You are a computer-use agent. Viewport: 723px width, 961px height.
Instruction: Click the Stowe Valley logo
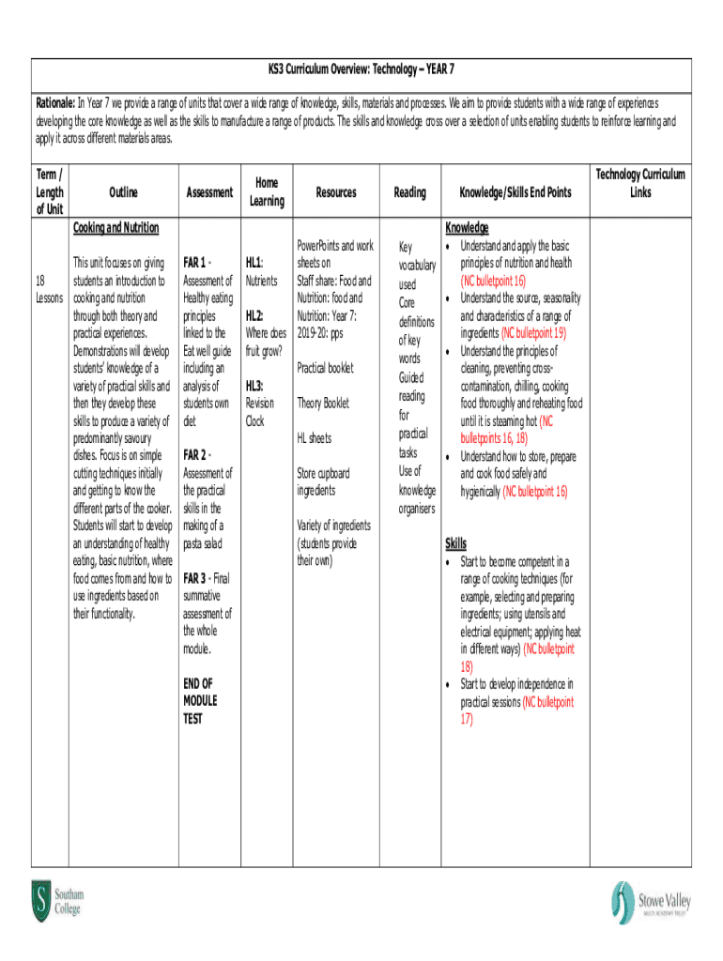click(650, 902)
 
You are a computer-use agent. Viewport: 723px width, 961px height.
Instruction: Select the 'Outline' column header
click(123, 192)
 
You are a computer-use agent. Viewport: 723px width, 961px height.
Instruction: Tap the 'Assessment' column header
click(209, 192)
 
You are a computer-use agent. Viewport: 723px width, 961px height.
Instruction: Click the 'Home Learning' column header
click(267, 192)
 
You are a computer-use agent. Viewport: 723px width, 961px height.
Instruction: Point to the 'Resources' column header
click(335, 192)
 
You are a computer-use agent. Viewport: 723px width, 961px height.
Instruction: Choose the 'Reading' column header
click(409, 192)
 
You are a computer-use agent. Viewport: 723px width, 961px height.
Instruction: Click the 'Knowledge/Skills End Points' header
click(514, 192)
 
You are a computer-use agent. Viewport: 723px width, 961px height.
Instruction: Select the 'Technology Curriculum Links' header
click(640, 183)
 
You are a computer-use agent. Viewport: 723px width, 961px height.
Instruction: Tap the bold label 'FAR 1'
click(196, 263)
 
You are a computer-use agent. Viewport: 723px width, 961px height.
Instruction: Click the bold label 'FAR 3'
click(196, 578)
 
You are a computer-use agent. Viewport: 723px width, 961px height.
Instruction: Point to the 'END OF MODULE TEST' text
click(199, 701)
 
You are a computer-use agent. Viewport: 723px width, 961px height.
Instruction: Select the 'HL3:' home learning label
click(254, 386)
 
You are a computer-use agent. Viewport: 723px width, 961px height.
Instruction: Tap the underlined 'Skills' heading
click(454, 544)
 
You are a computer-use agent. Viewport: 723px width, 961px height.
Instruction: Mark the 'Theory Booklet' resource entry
click(323, 403)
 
